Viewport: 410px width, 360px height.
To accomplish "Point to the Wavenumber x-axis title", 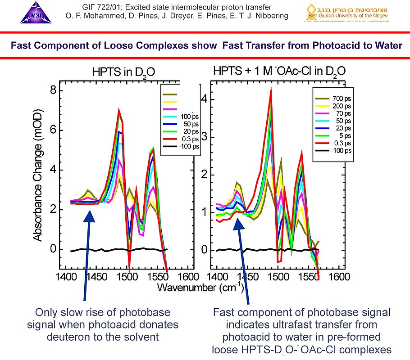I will point(200,287).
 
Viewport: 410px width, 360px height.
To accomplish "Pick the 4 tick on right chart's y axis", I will point(204,99).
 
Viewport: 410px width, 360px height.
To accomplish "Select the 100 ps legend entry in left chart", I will point(189,117).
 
